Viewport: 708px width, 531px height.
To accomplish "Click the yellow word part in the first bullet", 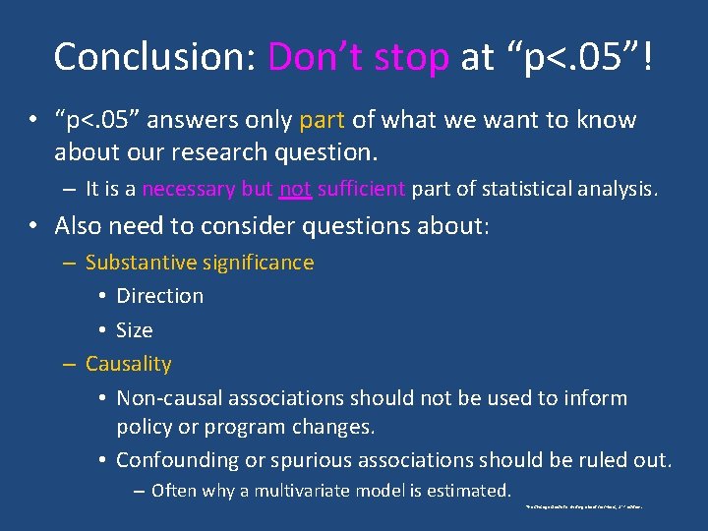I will pyautogui.click(x=321, y=121).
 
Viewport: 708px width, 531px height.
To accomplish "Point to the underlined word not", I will pyautogui.click(x=294, y=189).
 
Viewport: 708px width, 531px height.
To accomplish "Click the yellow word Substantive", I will pyautogui.click(x=143, y=263).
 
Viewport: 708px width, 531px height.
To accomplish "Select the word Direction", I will pyautogui.click(x=159, y=296).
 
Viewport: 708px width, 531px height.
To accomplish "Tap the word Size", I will pyautogui.click(x=135, y=329).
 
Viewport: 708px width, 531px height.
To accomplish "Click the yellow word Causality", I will pyautogui.click(x=128, y=364).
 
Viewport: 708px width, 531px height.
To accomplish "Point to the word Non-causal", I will pyautogui.click(x=169, y=398).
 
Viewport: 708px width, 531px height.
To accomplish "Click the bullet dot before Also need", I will pyautogui.click(x=33, y=226).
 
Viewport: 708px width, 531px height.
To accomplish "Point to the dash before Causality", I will pyautogui.click(x=69, y=364).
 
